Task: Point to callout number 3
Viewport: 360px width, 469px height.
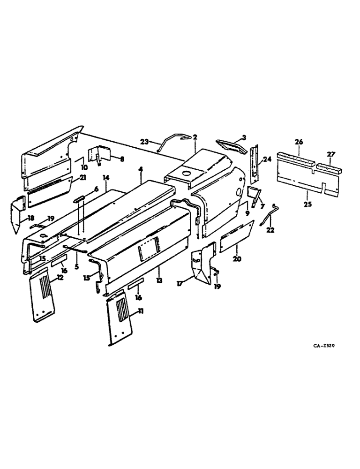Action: coord(243,137)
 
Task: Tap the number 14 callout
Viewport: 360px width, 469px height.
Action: coord(106,178)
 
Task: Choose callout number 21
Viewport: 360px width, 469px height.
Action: coord(83,178)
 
